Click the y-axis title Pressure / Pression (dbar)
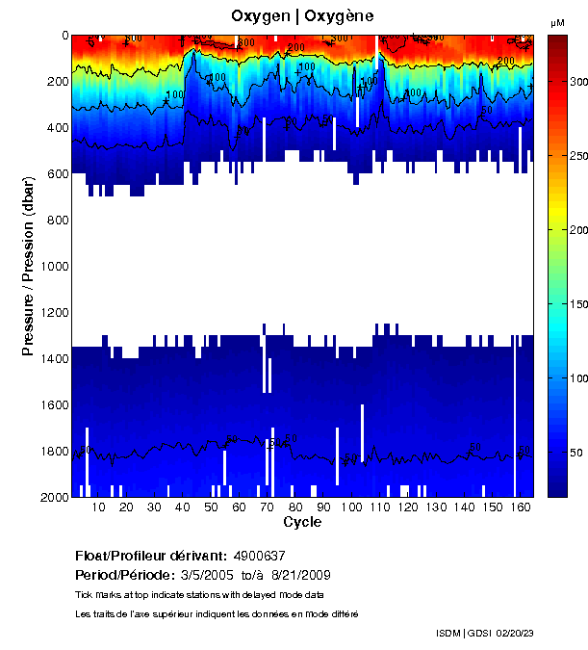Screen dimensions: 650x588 click(29, 266)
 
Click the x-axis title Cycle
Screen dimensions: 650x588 click(302, 523)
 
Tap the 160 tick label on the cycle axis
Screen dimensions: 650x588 click(520, 507)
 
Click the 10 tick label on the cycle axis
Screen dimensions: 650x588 click(98, 507)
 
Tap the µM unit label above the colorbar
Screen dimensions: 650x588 click(557, 22)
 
